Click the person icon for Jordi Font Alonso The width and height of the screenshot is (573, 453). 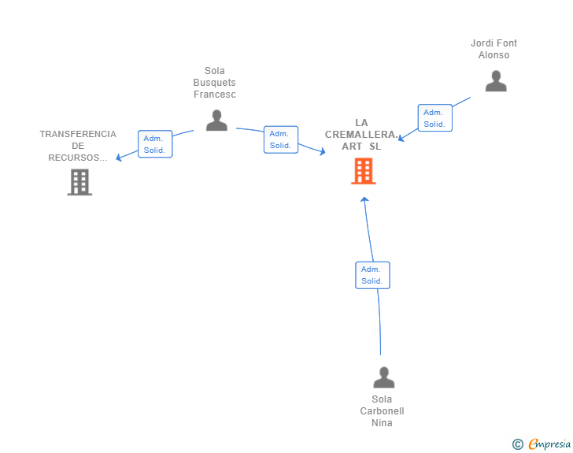click(x=496, y=81)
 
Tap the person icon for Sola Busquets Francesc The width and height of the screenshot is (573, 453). click(x=216, y=121)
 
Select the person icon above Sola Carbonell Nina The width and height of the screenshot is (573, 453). click(x=383, y=378)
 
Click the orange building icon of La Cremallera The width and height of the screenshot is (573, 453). click(x=363, y=171)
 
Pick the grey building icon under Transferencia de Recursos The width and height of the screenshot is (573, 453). click(x=79, y=182)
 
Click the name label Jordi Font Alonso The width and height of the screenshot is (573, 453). click(x=494, y=49)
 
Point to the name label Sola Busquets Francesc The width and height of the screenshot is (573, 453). click(x=215, y=83)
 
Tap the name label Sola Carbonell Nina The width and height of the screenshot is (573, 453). click(x=383, y=411)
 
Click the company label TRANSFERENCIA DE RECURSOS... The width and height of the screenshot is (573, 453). click(x=78, y=146)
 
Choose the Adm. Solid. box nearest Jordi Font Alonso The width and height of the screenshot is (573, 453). click(x=434, y=118)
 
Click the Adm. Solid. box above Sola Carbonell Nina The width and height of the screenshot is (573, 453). click(x=372, y=275)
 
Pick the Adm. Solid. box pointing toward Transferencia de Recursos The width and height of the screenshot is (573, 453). click(x=155, y=144)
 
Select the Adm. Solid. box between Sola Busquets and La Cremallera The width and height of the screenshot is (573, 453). click(x=281, y=139)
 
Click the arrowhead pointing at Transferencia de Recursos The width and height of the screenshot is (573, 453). click(x=119, y=158)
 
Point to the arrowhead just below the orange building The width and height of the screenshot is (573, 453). click(x=364, y=199)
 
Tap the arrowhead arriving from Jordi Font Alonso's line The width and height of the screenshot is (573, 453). click(x=401, y=139)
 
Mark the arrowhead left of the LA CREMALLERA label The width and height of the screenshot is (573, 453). click(x=322, y=151)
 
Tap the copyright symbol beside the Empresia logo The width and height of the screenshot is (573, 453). click(x=517, y=444)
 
